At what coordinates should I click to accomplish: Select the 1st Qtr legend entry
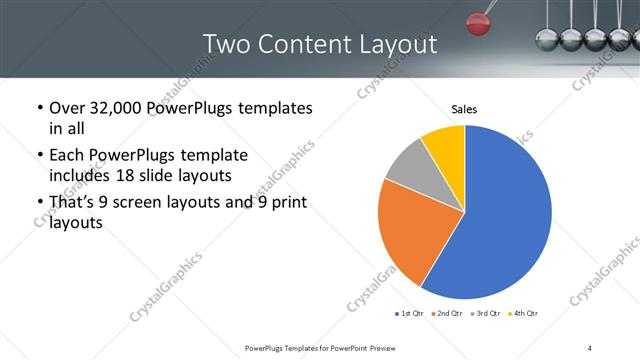409,313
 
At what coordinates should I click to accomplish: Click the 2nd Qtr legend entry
446,313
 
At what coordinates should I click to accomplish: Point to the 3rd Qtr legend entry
484,313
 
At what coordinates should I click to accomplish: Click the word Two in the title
228,44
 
